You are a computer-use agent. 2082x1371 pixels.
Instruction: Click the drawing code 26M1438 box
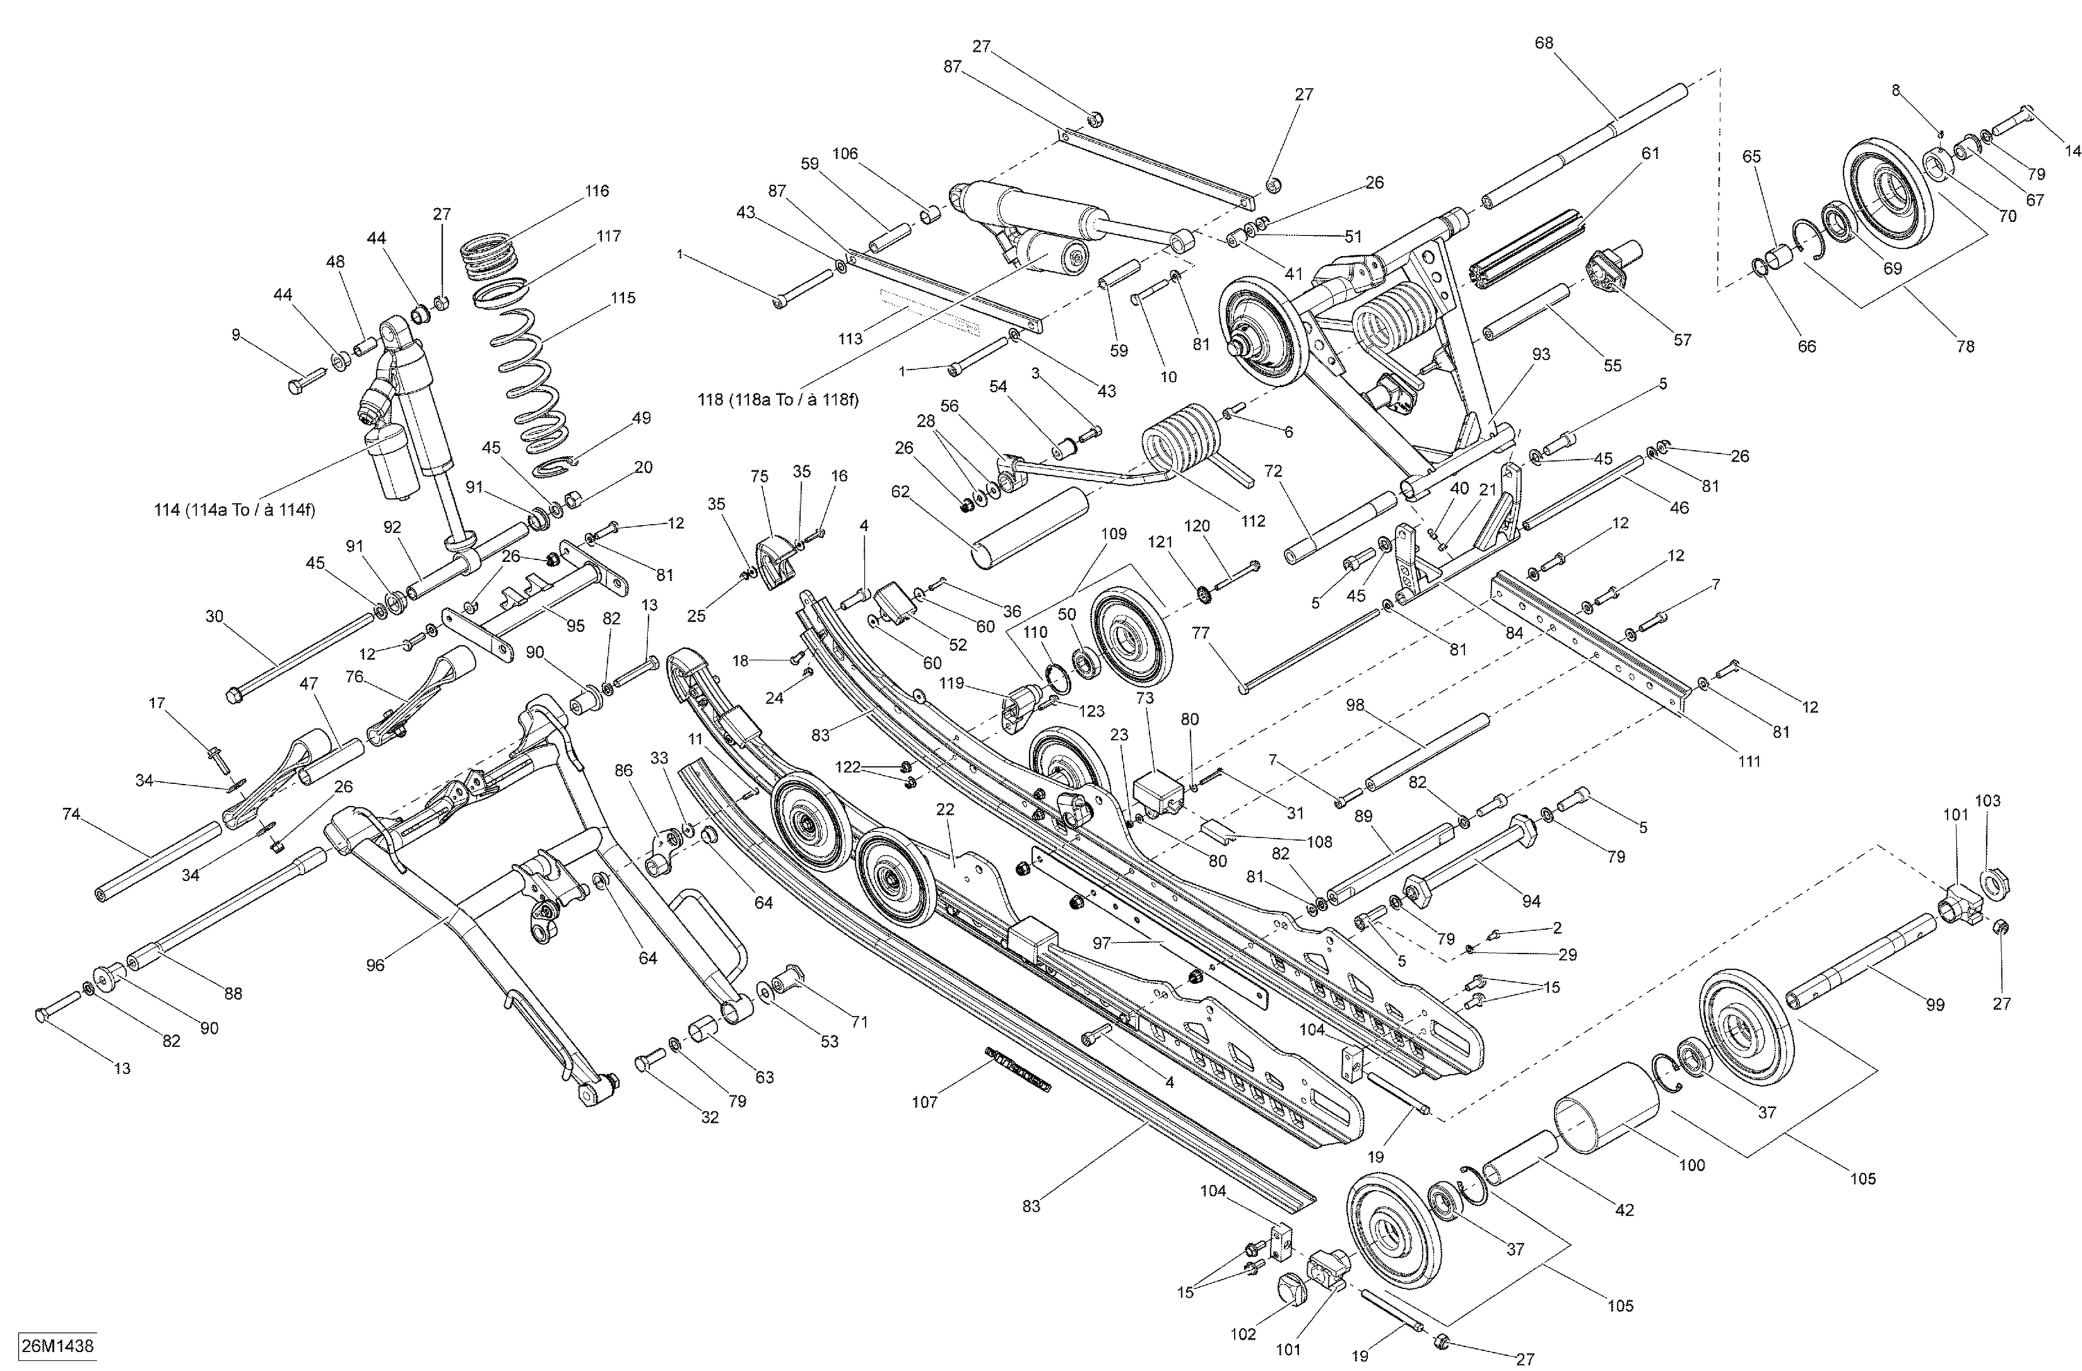[x=57, y=1345]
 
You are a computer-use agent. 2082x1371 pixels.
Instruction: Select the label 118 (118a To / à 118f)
[x=778, y=400]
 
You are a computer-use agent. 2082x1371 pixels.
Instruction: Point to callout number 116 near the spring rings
[x=597, y=191]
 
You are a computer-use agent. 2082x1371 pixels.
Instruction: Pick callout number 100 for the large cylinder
[x=1692, y=1165]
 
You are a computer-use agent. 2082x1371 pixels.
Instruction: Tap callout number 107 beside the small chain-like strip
[x=924, y=1102]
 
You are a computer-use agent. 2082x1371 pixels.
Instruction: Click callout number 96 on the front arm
[x=375, y=965]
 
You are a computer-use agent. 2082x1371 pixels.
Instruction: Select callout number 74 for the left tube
[x=71, y=814]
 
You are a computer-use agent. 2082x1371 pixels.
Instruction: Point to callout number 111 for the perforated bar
[x=1749, y=760]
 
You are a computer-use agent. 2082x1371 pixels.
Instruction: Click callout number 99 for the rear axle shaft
[x=1935, y=1005]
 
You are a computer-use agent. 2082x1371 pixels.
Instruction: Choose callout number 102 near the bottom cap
[x=1242, y=1334]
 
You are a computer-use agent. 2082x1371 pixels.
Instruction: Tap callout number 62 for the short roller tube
[x=900, y=491]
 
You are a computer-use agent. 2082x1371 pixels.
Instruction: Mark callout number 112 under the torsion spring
[x=1253, y=521]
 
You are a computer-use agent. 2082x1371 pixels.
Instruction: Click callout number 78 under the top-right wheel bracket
[x=1965, y=346]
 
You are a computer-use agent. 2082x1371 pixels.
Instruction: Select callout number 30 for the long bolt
[x=214, y=616]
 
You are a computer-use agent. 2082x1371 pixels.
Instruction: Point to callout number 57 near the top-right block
[x=1682, y=339]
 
